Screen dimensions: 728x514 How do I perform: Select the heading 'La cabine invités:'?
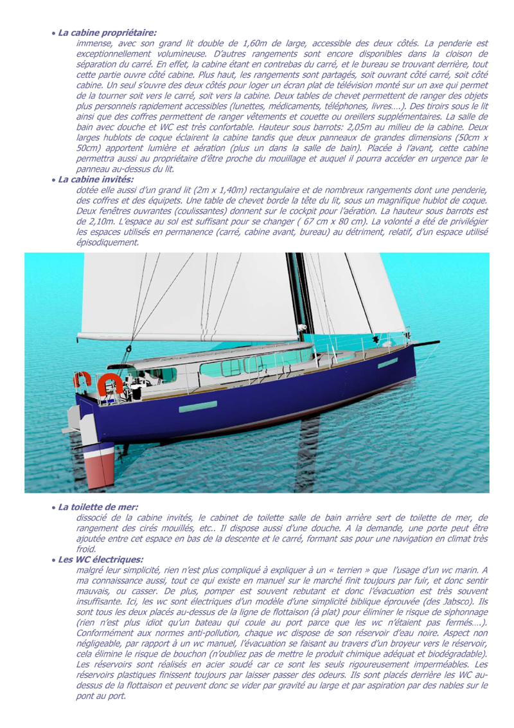pyautogui.click(x=96, y=179)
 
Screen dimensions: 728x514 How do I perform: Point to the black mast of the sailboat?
pyautogui.click(x=299, y=296)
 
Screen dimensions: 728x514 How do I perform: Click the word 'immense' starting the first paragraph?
pyautogui.click(x=93, y=42)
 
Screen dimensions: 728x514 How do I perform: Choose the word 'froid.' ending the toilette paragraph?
pyautogui.click(x=85, y=549)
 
